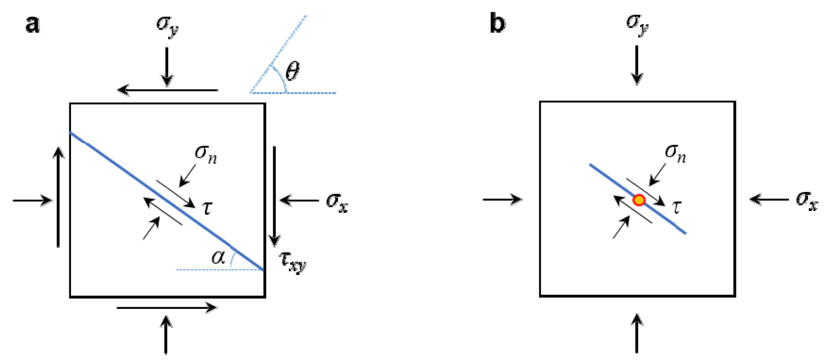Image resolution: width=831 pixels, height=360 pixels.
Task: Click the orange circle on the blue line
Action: [638, 200]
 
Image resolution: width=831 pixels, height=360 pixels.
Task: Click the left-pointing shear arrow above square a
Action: [168, 90]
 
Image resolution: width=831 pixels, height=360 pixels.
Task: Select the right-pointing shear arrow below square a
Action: [167, 308]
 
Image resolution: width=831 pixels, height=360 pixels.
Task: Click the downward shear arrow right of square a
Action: [275, 195]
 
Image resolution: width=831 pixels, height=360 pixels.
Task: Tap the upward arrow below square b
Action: [637, 334]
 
